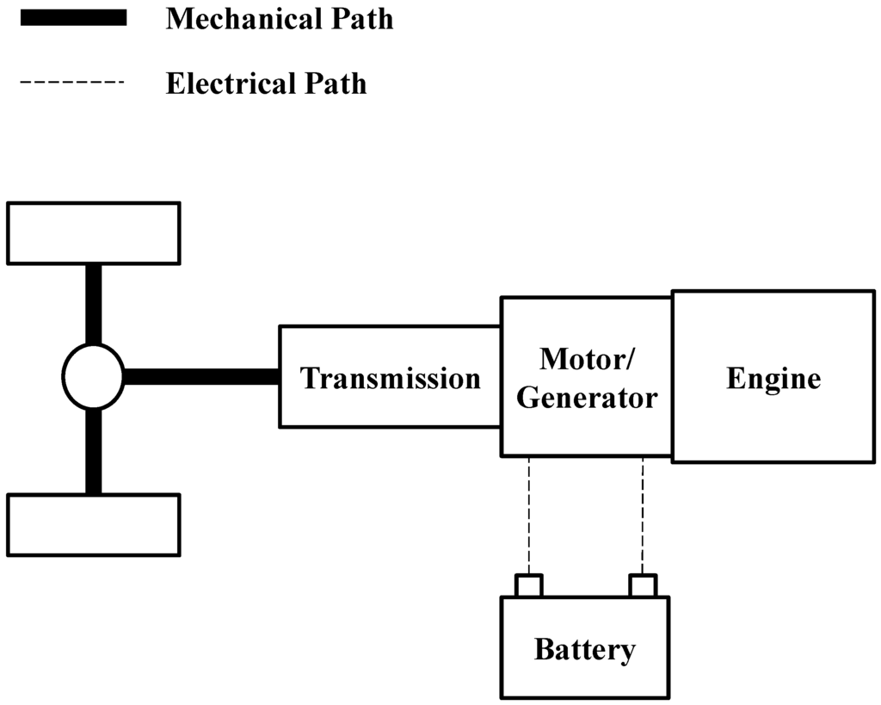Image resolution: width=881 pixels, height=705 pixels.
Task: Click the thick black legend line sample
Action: pos(72,18)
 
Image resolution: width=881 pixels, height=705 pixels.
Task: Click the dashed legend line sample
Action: pos(72,83)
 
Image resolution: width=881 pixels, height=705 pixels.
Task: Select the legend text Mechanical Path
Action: pos(279,19)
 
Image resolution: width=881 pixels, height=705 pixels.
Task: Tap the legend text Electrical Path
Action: pos(266,83)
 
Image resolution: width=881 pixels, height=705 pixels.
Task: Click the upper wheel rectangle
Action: pos(93,232)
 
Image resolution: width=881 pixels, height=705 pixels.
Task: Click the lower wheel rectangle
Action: pos(93,524)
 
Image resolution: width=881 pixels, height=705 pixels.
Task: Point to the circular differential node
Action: pos(93,376)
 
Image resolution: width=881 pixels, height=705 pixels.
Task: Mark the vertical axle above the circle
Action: pos(93,303)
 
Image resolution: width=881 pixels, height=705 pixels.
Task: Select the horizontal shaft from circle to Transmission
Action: pos(200,376)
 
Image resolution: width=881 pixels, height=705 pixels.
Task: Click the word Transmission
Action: pos(390,378)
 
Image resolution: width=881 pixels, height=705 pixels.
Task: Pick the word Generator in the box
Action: pos(586,398)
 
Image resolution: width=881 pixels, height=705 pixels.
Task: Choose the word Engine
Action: pos(773,378)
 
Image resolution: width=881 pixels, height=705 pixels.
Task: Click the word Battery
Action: pos(584,649)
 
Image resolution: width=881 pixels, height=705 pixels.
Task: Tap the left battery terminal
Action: pos(528,585)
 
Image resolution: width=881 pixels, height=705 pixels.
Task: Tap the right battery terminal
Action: pos(643,585)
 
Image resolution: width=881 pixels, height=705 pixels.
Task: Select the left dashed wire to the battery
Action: pos(528,515)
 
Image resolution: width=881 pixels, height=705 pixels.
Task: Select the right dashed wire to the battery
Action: pos(643,515)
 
